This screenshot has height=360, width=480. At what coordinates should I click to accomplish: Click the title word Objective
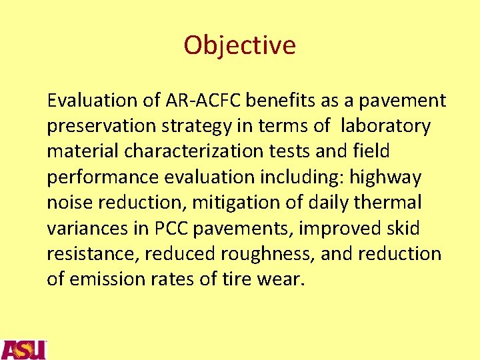pos(239,45)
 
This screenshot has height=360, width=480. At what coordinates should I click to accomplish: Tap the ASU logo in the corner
pos(23,349)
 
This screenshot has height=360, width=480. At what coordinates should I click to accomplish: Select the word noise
pos(69,203)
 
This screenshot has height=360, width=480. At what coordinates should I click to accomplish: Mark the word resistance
pos(91,254)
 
